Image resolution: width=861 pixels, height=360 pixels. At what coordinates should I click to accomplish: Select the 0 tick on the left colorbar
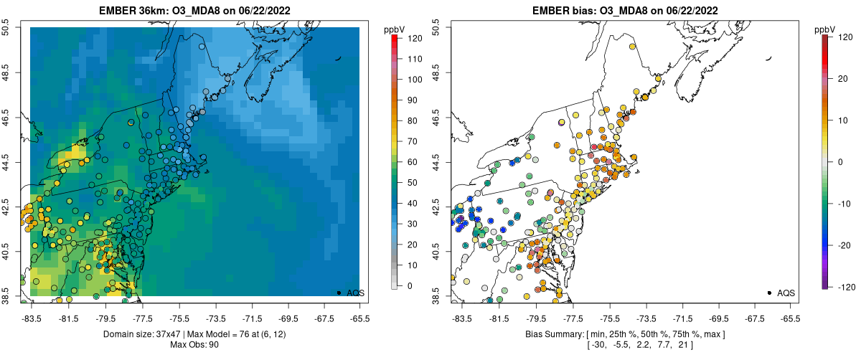click(407, 286)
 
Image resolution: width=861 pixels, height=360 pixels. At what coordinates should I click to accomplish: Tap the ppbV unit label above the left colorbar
click(395, 29)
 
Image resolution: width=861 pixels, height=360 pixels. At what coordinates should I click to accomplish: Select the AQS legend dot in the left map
click(339, 293)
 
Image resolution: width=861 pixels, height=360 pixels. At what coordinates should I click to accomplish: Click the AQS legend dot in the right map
click(769, 293)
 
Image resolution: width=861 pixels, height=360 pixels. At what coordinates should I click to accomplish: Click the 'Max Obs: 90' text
click(194, 345)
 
